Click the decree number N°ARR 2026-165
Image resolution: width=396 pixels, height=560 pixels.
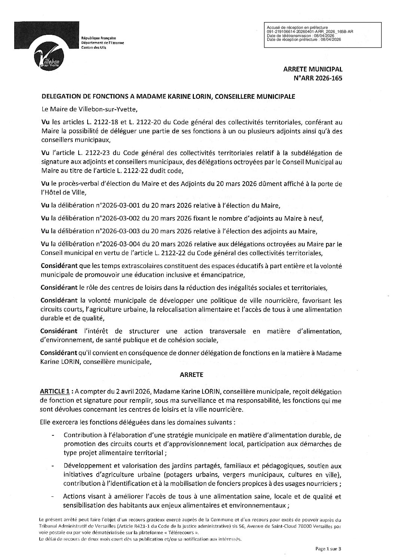[323, 79]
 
